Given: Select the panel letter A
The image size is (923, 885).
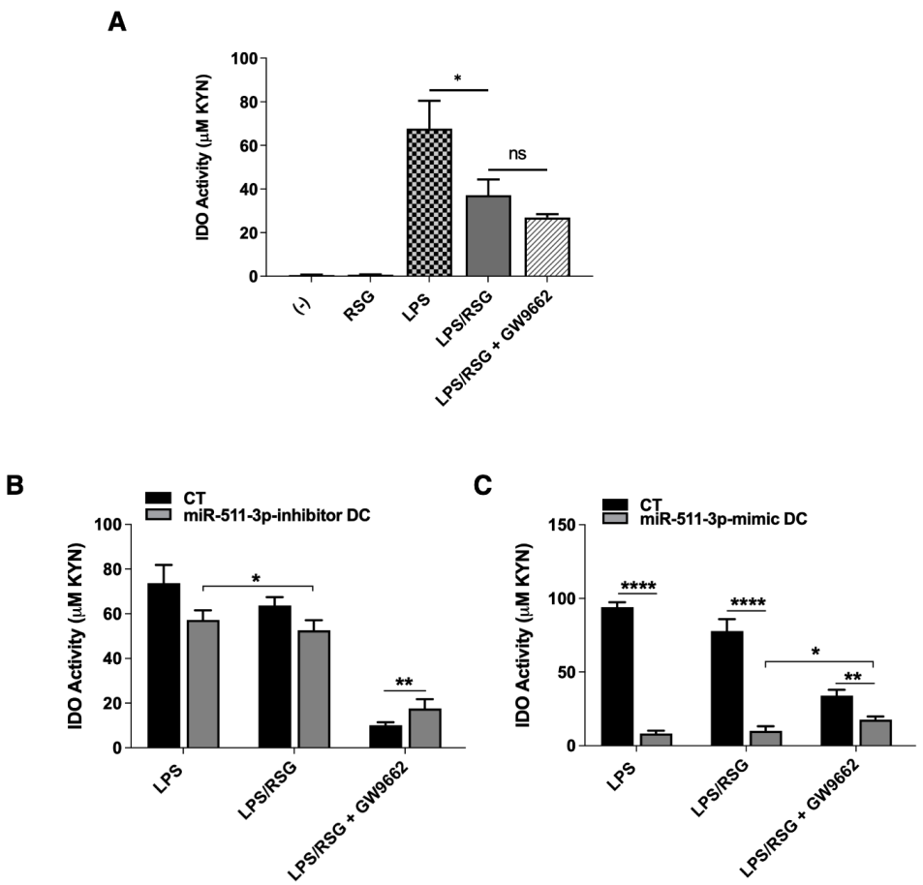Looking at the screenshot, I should click(x=117, y=22).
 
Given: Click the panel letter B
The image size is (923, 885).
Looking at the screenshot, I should click(x=15, y=485).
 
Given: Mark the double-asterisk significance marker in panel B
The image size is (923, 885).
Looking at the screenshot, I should click(x=404, y=681).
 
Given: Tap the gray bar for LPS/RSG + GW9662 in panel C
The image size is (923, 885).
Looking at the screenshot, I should click(x=875, y=732).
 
